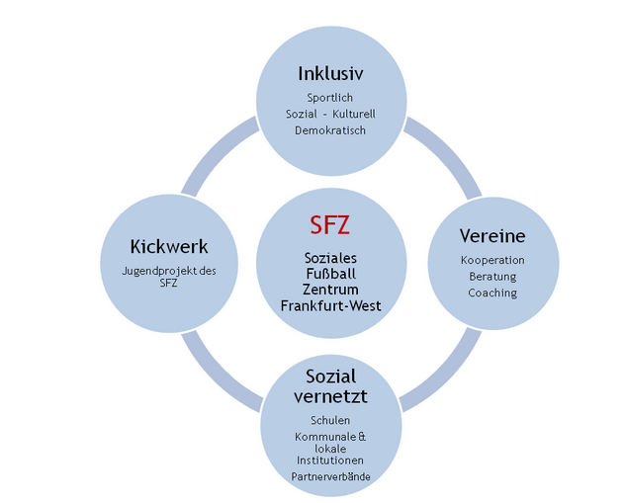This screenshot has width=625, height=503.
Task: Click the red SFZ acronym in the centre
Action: point(330,224)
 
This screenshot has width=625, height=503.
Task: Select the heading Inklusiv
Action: point(331,74)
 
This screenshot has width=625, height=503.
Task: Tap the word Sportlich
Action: point(330,98)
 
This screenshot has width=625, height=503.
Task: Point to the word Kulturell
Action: point(354,114)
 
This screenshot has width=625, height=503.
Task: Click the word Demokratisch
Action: point(330,130)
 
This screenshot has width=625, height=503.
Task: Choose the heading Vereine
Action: point(492,236)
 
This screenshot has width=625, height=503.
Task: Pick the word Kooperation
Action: point(492,260)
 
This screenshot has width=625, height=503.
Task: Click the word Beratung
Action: point(492,277)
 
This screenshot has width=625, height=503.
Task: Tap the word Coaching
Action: point(492,293)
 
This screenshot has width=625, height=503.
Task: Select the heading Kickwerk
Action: point(169,246)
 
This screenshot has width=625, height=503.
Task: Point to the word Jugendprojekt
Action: point(159,271)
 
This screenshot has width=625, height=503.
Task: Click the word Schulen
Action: point(330,420)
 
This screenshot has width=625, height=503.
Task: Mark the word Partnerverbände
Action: point(331,476)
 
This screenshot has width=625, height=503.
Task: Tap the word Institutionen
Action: point(330,461)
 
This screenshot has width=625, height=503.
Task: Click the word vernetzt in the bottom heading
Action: point(331,396)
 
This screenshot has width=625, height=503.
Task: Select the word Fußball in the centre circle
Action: point(331,274)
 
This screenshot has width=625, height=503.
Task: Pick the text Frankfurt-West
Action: point(331,305)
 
